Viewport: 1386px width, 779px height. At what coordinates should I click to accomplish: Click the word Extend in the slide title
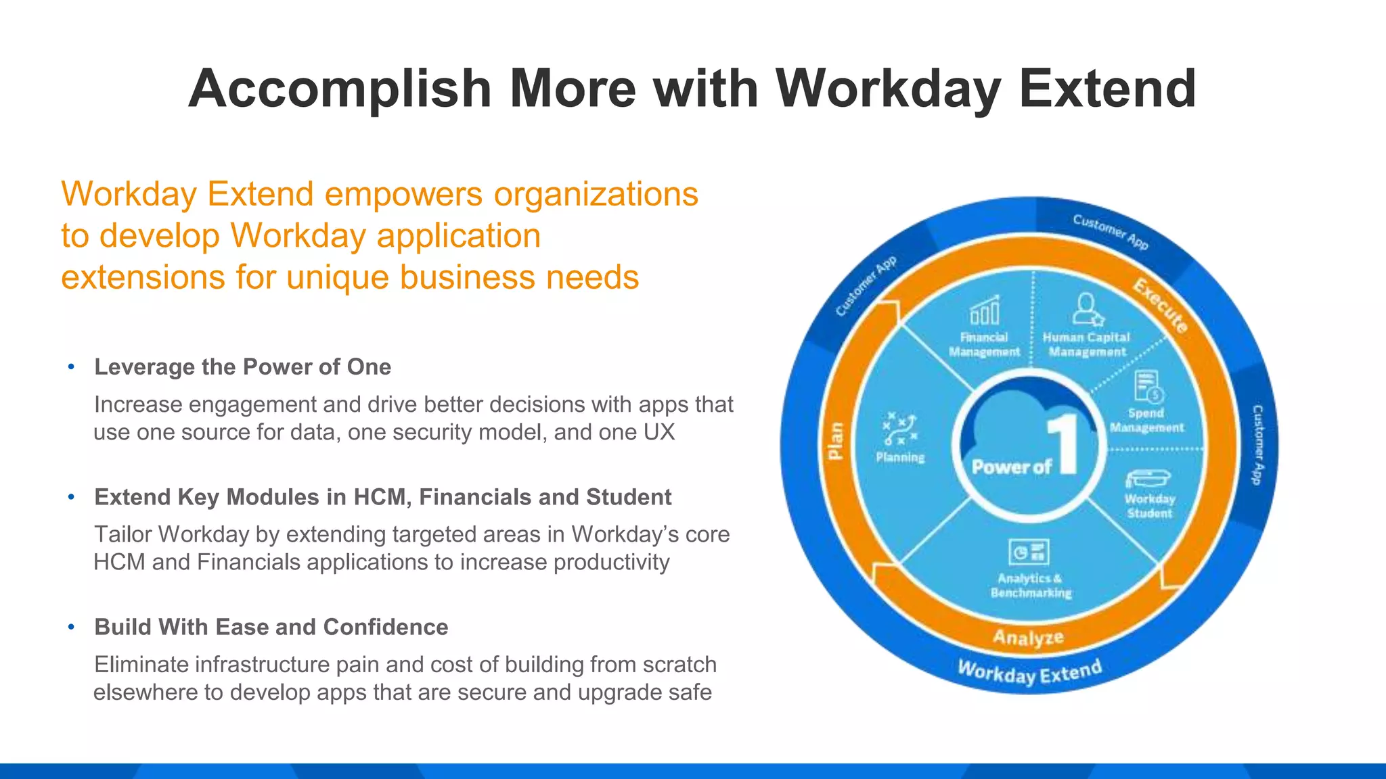point(1107,89)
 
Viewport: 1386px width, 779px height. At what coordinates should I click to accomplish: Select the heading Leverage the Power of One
point(242,367)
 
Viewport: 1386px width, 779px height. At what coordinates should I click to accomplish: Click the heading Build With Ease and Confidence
point(271,627)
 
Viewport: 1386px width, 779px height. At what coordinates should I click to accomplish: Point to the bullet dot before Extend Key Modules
point(71,497)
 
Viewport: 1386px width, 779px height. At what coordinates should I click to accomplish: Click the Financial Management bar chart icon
point(985,311)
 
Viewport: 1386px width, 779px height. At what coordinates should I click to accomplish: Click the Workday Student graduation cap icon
point(1148,478)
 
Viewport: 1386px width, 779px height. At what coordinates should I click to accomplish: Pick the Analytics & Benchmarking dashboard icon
point(1029,552)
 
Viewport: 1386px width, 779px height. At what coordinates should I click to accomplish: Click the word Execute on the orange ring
point(1161,306)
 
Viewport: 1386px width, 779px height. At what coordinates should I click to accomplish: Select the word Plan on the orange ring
point(836,440)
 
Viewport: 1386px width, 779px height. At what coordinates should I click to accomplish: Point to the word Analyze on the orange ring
point(1028,637)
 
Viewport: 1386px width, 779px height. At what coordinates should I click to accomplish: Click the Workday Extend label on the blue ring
point(1030,671)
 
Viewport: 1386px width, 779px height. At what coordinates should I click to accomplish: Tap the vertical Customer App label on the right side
point(1257,444)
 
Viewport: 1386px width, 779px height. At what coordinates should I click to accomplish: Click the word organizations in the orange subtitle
point(596,194)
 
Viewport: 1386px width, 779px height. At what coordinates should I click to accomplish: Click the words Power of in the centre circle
point(1011,467)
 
